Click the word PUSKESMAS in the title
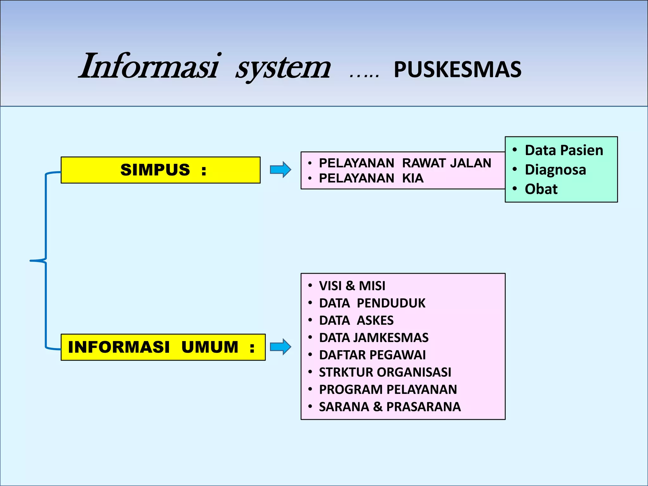(458, 70)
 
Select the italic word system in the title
(283, 68)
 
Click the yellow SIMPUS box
(160, 170)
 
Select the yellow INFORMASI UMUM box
(163, 347)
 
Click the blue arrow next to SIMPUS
(280, 170)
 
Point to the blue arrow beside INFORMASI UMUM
(280, 347)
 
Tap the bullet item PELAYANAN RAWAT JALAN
(405, 163)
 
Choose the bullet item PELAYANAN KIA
(371, 178)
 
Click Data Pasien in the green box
(564, 150)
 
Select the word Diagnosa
(555, 170)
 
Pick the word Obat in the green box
(541, 189)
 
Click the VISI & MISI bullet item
(352, 286)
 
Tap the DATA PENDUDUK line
(372, 303)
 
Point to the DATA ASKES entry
(356, 321)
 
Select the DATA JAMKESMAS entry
(374, 338)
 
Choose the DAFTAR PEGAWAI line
(372, 355)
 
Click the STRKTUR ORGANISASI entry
(385, 372)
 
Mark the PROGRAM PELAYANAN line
(388, 389)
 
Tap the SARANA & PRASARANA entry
(390, 407)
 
